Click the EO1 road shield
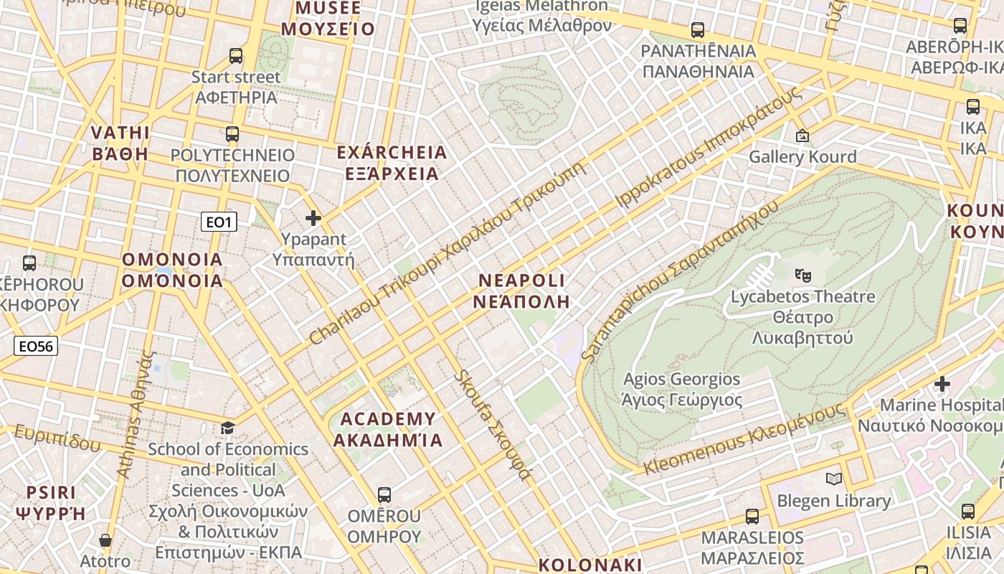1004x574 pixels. [x=219, y=222]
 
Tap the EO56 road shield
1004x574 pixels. [x=36, y=347]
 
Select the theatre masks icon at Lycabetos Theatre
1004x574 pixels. [x=802, y=274]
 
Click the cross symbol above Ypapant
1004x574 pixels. [x=313, y=218]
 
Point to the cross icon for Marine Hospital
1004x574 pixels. [x=942, y=384]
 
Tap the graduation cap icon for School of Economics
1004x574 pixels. [x=227, y=428]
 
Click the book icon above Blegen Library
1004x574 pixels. [x=833, y=479]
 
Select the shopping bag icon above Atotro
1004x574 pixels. [x=105, y=540]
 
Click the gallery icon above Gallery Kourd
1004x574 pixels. [x=802, y=135]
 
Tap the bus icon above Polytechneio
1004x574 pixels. [x=232, y=133]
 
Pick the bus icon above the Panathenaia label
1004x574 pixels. [x=697, y=30]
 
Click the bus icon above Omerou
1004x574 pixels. [x=384, y=494]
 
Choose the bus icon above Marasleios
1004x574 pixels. [x=752, y=516]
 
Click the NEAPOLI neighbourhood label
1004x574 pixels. [x=521, y=291]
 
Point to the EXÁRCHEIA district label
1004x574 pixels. [x=392, y=163]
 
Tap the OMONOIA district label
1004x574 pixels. [x=172, y=270]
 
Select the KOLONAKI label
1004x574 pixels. [x=589, y=565]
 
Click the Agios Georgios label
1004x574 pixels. [x=681, y=390]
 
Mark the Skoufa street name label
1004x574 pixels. [x=493, y=425]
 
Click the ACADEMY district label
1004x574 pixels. [x=388, y=429]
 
